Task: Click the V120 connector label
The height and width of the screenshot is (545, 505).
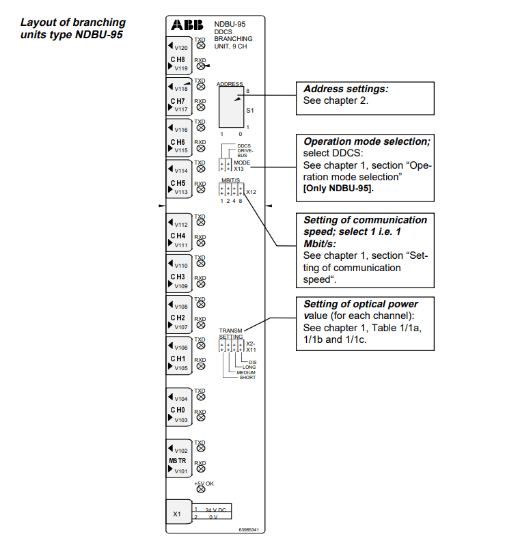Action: click(x=181, y=48)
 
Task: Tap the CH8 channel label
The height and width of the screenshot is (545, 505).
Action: click(x=178, y=59)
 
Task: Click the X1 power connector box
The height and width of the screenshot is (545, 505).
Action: click(x=178, y=514)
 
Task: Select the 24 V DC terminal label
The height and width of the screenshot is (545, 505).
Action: click(x=215, y=509)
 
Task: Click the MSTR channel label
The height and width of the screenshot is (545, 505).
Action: click(x=178, y=461)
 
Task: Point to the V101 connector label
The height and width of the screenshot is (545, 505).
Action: click(x=181, y=471)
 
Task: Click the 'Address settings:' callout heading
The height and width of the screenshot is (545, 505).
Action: click(x=346, y=89)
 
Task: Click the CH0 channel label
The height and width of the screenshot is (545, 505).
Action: click(x=178, y=410)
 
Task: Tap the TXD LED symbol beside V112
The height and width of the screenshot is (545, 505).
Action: click(x=200, y=222)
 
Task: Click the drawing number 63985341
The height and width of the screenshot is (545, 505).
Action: click(x=249, y=529)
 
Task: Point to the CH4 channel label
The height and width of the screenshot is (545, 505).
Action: click(x=178, y=235)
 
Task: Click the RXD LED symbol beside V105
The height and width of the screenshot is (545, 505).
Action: click(x=200, y=365)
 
